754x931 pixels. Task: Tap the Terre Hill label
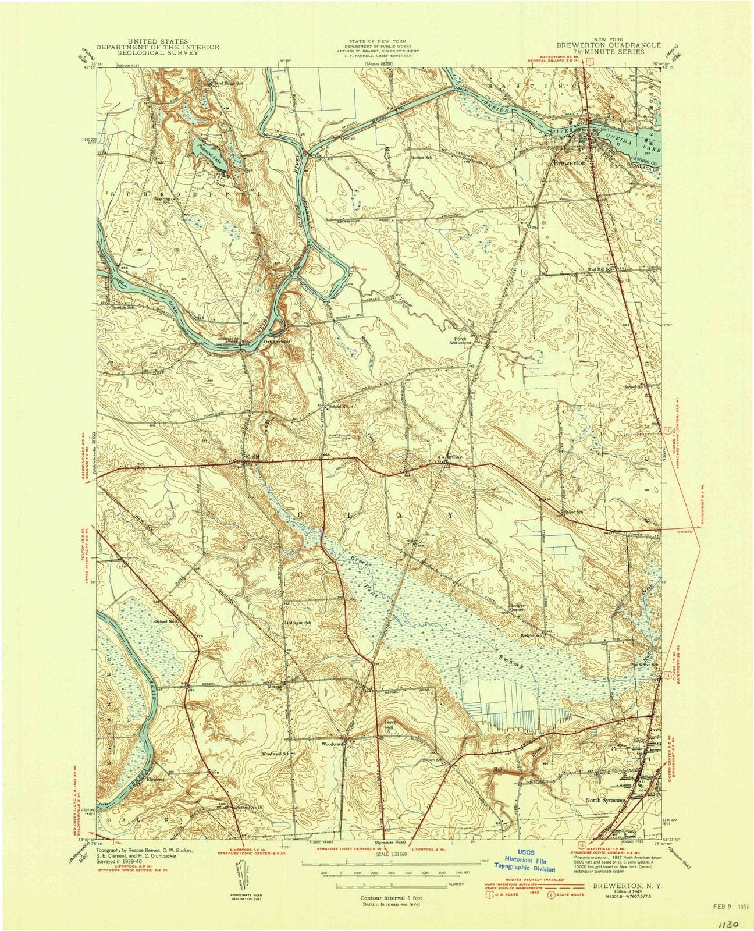coord(389,725)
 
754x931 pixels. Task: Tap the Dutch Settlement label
coord(472,340)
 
